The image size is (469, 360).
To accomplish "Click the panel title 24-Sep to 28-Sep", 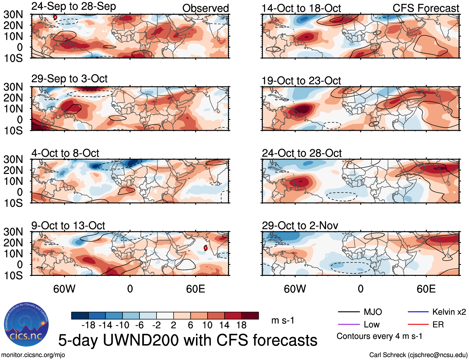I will [74, 7].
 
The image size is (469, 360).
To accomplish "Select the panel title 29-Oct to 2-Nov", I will [300, 226].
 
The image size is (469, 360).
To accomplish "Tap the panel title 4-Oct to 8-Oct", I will [65, 153].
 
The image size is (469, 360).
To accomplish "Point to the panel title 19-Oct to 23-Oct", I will [301, 81].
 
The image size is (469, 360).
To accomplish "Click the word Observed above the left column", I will [205, 8].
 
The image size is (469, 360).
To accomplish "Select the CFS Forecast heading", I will [426, 8].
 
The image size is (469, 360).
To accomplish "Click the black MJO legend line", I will [348, 312].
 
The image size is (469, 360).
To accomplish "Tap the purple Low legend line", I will [348, 324].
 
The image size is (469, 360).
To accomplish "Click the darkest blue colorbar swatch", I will [80, 316].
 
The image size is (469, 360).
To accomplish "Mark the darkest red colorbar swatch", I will [250, 316].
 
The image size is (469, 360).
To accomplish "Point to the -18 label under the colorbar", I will [88, 325].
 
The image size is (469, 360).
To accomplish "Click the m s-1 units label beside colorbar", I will [283, 320].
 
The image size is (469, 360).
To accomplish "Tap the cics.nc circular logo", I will [26, 325].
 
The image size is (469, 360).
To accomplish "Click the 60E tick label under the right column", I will [426, 289].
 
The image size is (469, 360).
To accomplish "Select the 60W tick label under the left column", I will [64, 289].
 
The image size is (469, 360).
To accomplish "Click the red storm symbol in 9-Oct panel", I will [205, 248].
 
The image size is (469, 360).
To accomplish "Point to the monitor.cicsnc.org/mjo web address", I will [33, 355].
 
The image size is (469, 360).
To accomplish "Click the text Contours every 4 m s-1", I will [379, 336].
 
